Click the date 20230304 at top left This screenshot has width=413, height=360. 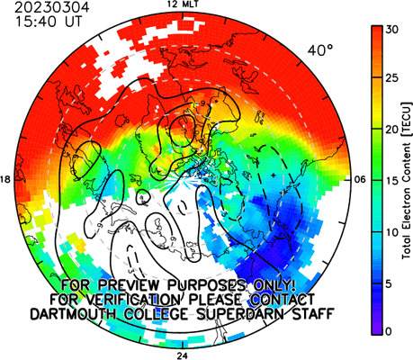point(52,7)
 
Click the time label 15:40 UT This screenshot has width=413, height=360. point(49,22)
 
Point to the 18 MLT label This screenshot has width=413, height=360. point(5,179)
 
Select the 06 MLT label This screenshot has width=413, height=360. point(360,179)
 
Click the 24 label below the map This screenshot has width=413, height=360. point(182,356)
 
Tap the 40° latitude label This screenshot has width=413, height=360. point(320,50)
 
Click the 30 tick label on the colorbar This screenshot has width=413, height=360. point(392,30)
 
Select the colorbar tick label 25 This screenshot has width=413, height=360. point(392,78)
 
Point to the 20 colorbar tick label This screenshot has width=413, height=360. point(392,130)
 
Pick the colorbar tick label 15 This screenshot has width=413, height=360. point(392,181)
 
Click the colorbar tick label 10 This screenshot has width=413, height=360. point(392,232)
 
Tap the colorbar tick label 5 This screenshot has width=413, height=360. point(389,283)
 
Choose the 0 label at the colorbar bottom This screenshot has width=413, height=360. point(389,331)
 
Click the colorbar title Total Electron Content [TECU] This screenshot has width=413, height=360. point(407,181)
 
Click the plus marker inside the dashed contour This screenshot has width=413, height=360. point(273,175)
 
